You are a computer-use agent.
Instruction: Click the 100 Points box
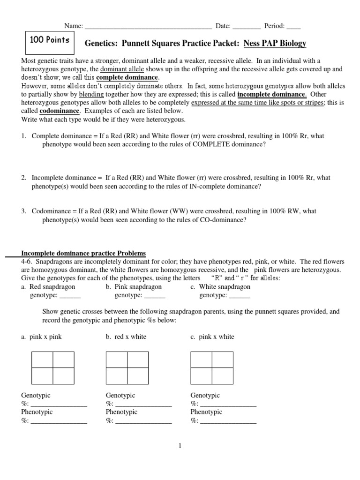(x=49, y=40)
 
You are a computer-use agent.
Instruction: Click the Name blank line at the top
(x=148, y=26)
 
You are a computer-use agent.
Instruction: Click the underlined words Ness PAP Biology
(x=275, y=44)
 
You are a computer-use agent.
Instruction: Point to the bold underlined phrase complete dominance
(x=127, y=77)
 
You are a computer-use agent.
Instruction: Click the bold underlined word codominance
(x=60, y=111)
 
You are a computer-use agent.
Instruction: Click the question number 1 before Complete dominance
(x=23, y=136)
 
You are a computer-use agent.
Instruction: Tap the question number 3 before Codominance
(x=23, y=211)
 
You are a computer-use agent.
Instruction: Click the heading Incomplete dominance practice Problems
(x=83, y=253)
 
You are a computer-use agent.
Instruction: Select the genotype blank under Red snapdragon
(x=70, y=296)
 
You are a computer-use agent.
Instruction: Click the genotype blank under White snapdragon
(x=239, y=296)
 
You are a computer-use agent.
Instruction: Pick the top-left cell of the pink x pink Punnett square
(x=42, y=360)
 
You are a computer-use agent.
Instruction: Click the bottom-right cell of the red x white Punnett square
(x=138, y=376)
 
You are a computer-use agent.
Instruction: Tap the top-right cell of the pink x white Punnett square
(x=223, y=360)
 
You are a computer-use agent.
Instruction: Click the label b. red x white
(x=126, y=337)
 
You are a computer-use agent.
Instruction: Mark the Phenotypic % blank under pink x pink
(x=59, y=421)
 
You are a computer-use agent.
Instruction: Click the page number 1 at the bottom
(x=180, y=446)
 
